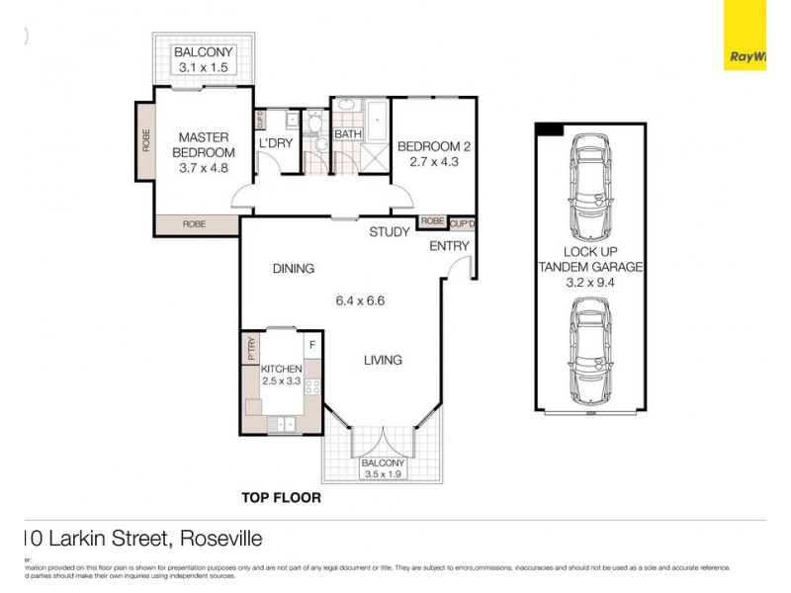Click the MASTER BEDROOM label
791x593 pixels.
coord(204,144)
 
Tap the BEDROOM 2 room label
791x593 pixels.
coord(434,147)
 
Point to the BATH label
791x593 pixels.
coord(347,133)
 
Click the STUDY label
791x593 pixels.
coord(390,232)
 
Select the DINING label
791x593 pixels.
coord(294,268)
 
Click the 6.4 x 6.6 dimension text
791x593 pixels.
coord(358,299)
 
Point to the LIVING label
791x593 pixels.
coord(382,360)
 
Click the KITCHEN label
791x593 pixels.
coord(281,369)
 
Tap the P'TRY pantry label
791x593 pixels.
coord(251,349)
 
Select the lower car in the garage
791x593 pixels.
coord(589,349)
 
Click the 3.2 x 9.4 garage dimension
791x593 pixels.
coord(590,281)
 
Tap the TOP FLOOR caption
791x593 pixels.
coord(282,497)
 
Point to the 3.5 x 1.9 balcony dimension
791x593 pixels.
coord(383,473)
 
